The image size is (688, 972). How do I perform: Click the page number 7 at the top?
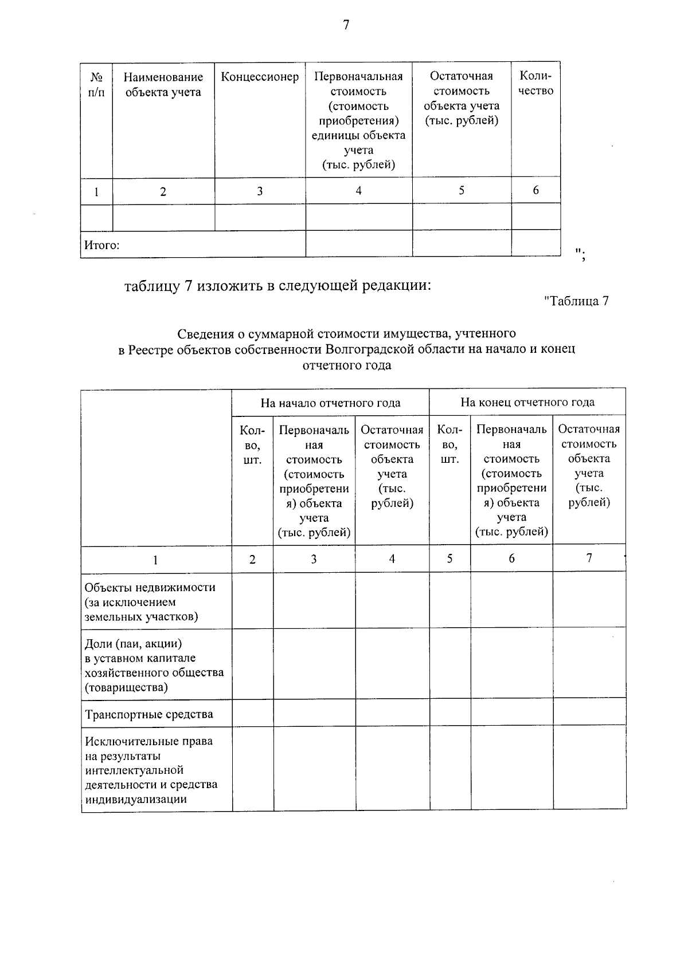(346, 25)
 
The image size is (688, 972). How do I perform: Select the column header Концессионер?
(260, 77)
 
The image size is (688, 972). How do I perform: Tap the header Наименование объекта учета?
(163, 85)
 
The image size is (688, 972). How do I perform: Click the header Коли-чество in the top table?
(535, 84)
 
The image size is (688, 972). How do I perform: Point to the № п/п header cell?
(96, 85)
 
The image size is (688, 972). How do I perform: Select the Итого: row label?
(102, 246)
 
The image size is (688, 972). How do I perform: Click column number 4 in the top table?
(358, 191)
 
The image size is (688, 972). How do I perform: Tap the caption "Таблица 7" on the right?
(576, 301)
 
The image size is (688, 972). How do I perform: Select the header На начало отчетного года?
(330, 403)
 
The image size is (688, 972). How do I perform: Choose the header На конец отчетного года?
(527, 403)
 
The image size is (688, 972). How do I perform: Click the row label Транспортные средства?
(148, 714)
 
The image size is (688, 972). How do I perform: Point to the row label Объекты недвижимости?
(150, 588)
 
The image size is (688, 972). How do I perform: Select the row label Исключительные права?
(148, 741)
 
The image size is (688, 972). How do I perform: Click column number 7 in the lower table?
(589, 558)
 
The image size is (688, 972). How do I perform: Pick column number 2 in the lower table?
(252, 560)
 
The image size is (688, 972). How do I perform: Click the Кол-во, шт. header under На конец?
(449, 444)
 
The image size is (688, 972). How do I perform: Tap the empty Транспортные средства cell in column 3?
(314, 713)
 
